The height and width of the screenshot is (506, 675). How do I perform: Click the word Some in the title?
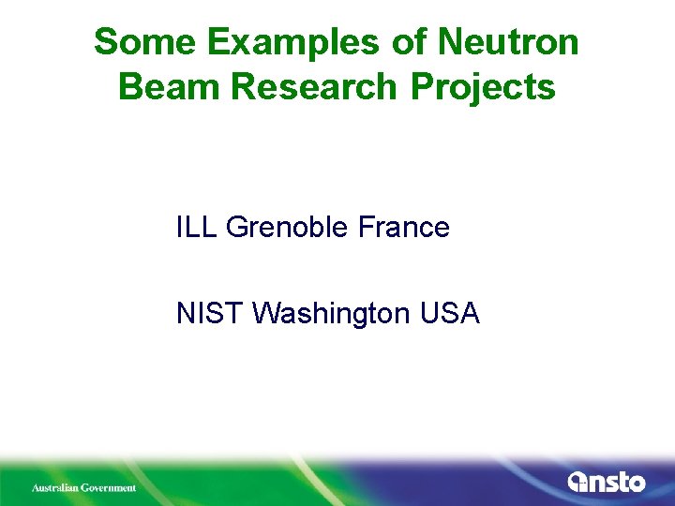(x=143, y=42)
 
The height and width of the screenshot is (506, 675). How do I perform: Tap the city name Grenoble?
(x=289, y=228)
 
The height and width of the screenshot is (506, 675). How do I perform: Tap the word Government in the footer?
(x=111, y=487)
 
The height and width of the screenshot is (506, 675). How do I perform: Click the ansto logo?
(x=607, y=482)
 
